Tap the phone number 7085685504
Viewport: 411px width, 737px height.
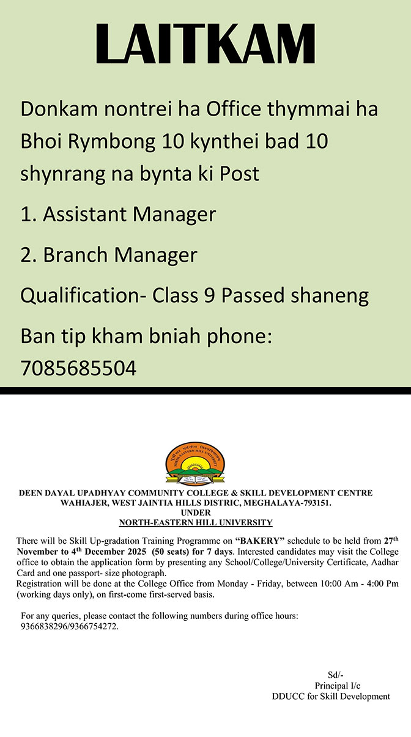point(78,368)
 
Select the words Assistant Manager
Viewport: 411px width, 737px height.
point(129,214)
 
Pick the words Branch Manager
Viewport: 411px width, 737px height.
point(120,254)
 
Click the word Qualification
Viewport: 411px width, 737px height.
point(78,296)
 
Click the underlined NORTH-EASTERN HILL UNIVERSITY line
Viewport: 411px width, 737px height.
point(196,523)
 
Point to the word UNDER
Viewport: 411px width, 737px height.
point(196,513)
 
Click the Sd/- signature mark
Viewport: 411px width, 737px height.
point(336,675)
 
